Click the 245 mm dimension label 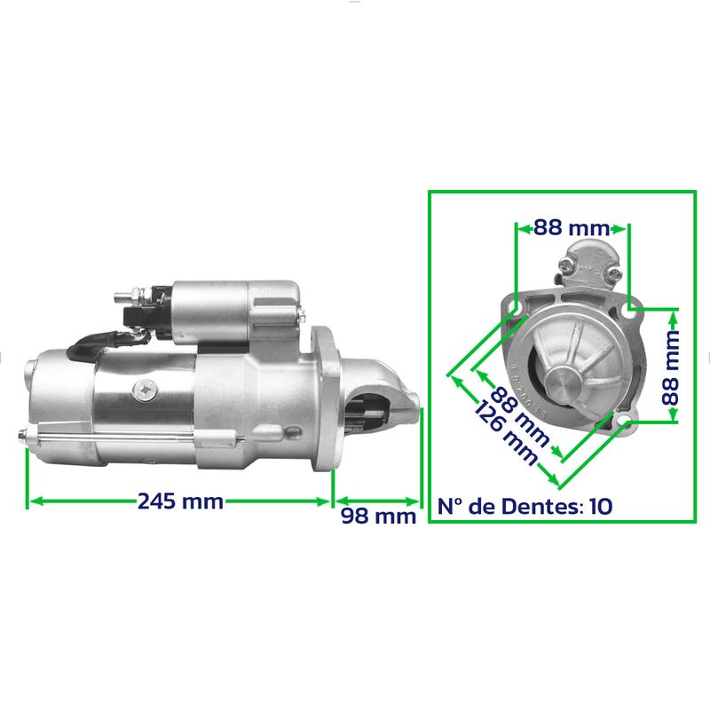(x=180, y=501)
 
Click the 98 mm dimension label (x=379, y=516)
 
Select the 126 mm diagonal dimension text (x=506, y=433)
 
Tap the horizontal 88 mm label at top (x=572, y=227)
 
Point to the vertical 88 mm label (x=671, y=367)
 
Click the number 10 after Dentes (x=601, y=506)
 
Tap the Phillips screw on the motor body (x=146, y=390)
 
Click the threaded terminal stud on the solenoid (x=128, y=297)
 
